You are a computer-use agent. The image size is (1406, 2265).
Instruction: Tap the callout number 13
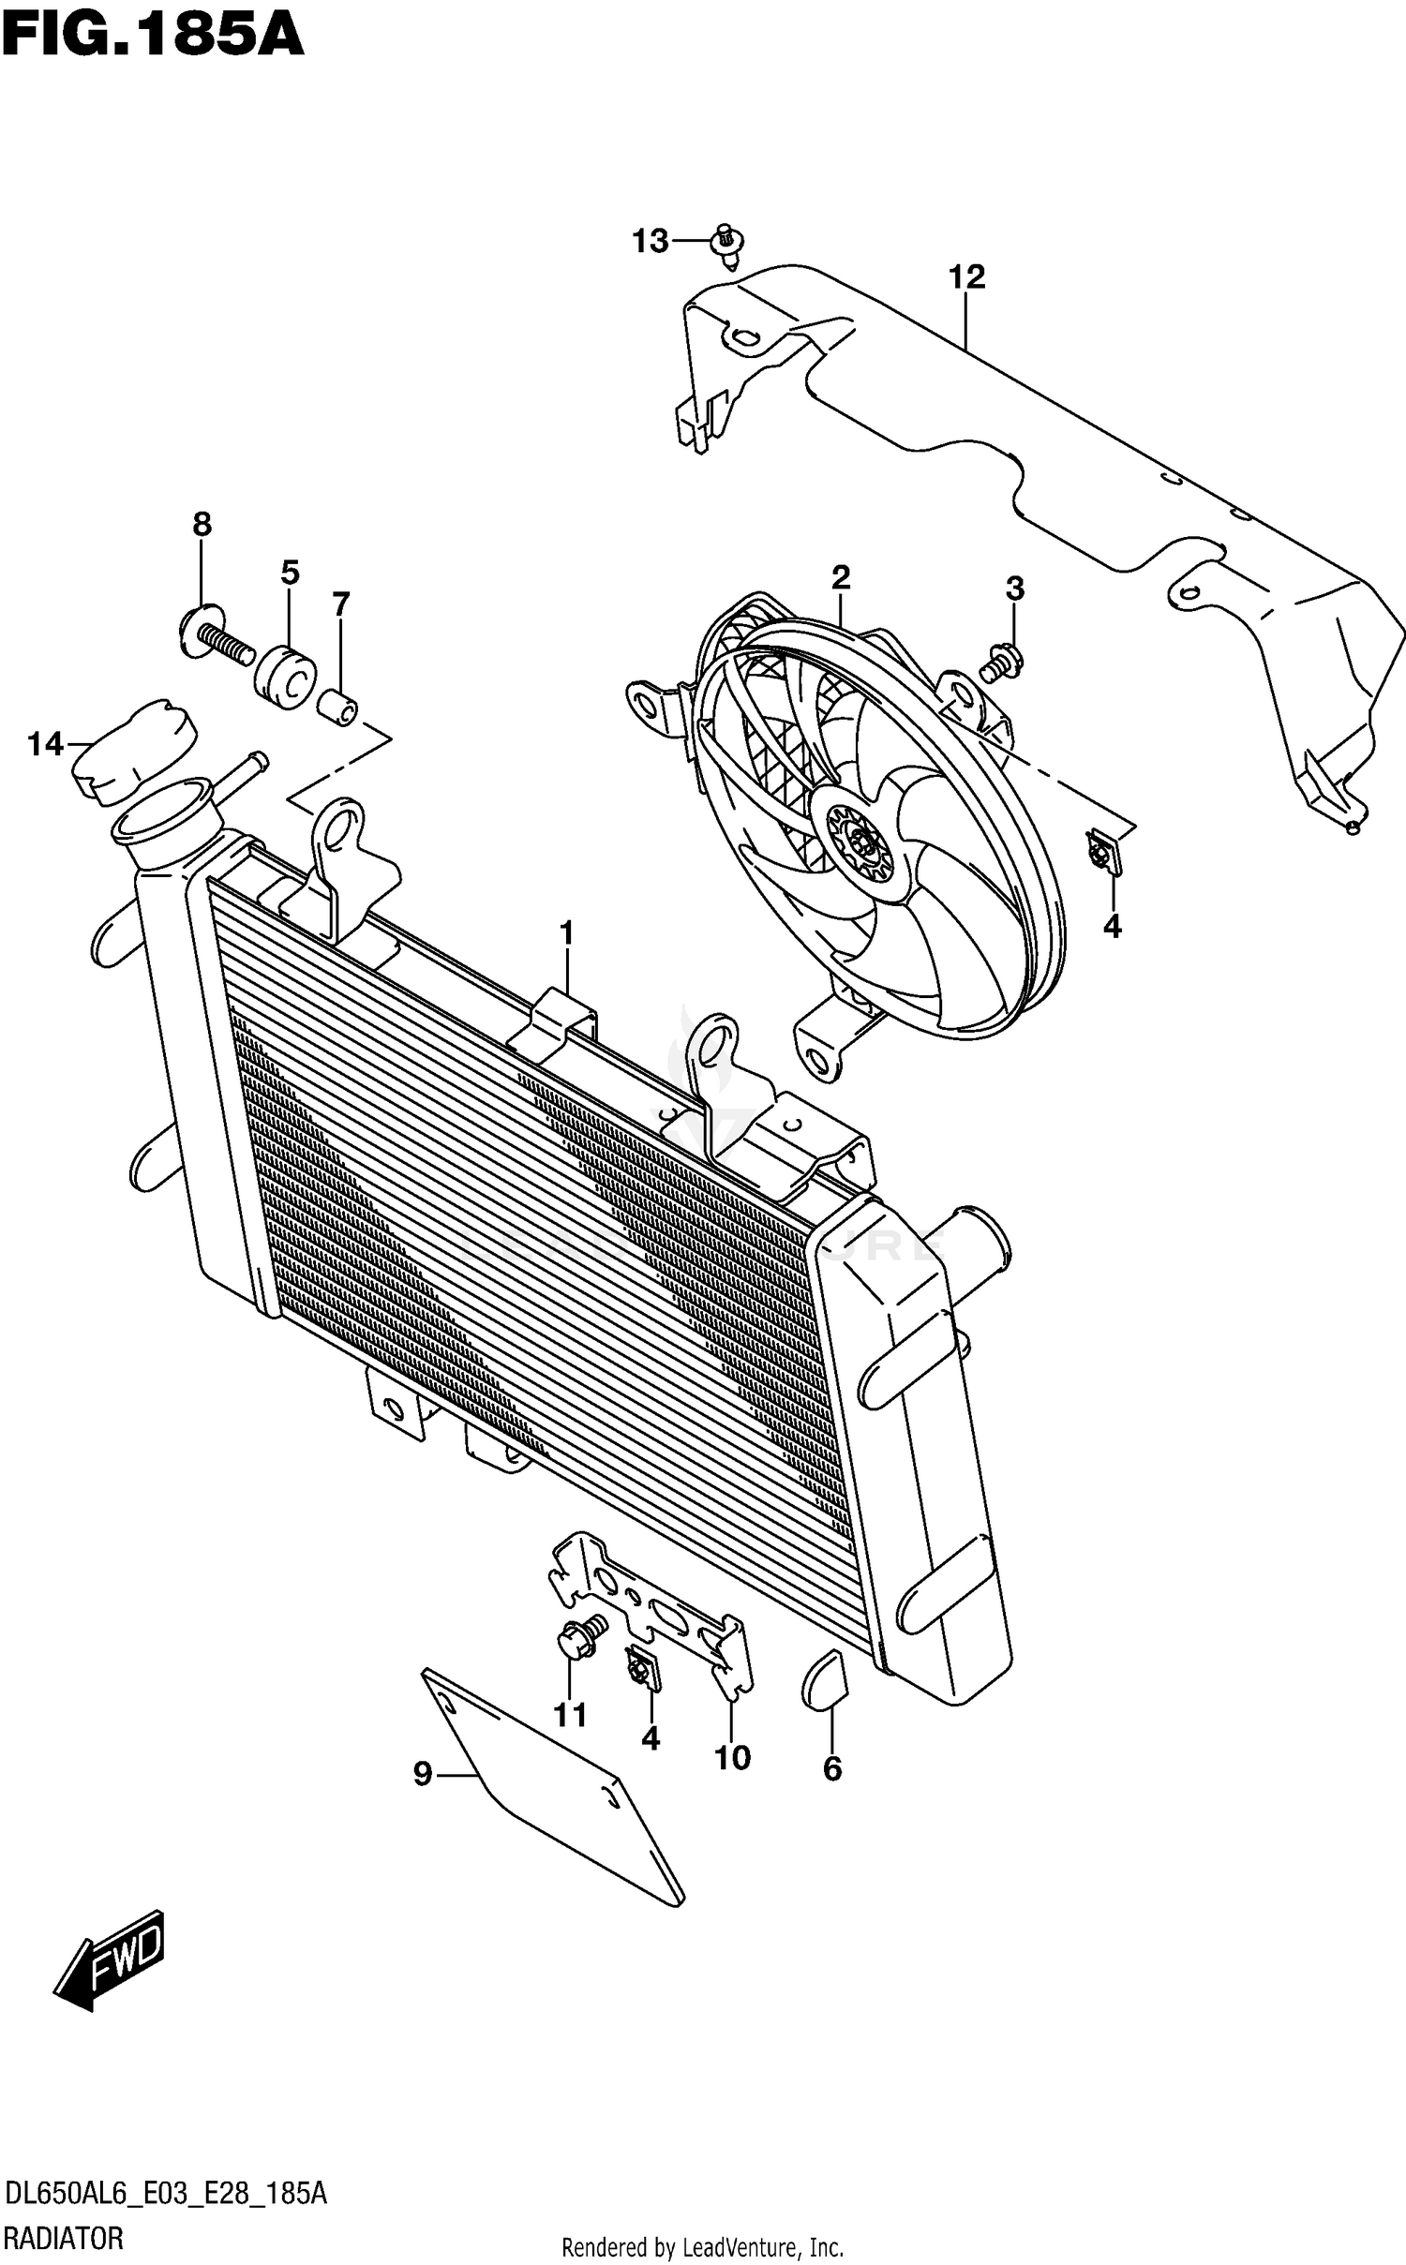[650, 242]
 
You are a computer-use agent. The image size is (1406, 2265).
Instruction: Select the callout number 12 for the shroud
[966, 277]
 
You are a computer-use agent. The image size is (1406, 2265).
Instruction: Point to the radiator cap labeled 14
[131, 751]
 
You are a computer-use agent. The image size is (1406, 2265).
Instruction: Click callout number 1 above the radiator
[566, 934]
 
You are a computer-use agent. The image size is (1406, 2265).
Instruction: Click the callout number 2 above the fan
[840, 578]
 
